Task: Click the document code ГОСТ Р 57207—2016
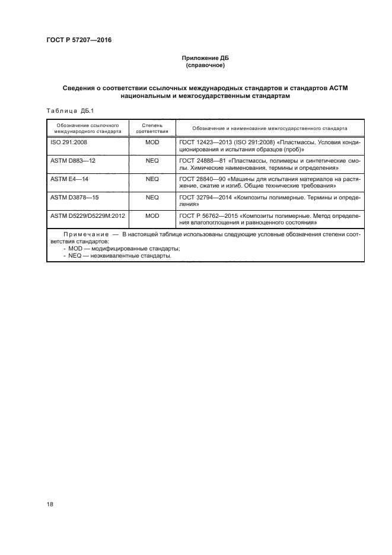pos(78,40)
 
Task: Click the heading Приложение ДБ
pos(205,58)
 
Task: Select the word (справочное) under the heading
pos(205,65)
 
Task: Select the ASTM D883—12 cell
pos(73,161)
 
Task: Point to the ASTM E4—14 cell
pos(70,179)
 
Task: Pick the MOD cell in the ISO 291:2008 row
pos(152,143)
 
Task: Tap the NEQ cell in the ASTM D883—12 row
pos(152,161)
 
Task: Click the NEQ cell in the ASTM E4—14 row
pos(152,179)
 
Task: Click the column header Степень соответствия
pos(152,129)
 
